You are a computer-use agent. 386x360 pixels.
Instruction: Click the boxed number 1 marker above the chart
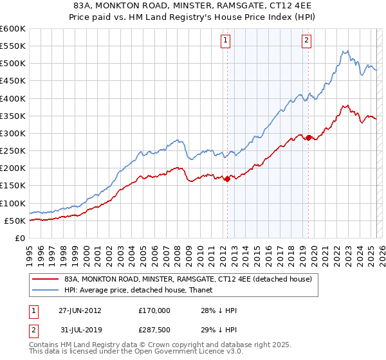coord(226,40)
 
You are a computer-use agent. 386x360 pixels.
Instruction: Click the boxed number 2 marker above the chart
coord(307,40)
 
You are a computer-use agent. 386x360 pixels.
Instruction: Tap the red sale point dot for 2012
coord(227,179)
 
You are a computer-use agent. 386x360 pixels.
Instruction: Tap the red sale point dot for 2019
coord(308,138)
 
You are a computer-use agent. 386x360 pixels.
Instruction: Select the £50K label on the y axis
coord(15,221)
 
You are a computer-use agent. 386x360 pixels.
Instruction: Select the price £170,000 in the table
coord(154,310)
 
